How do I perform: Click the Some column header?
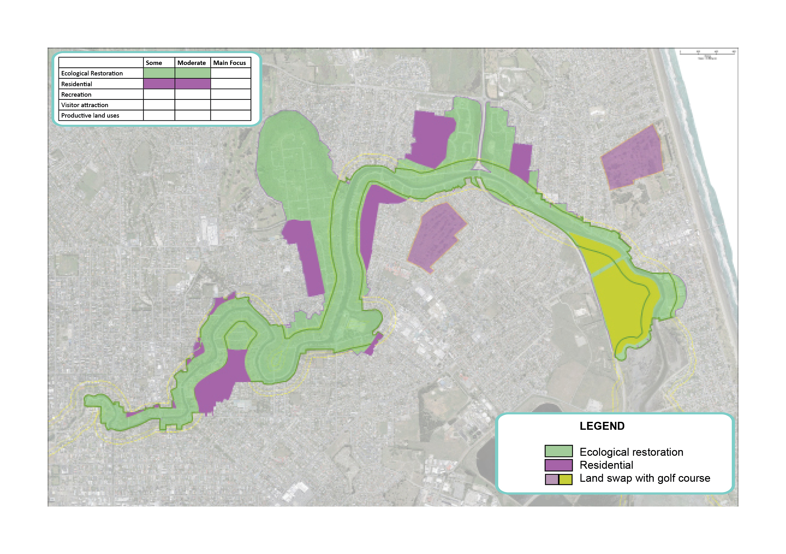154,63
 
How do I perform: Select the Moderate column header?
191,63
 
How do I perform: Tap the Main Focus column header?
229,63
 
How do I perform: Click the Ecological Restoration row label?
92,73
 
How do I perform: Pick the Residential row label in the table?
77,84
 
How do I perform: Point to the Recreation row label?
76,94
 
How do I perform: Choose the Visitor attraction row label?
85,105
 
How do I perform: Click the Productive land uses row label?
90,115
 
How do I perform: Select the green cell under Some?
159,73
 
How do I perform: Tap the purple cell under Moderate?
192,84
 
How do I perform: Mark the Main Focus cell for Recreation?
230,94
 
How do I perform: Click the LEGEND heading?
602,426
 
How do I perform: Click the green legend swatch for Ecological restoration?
558,451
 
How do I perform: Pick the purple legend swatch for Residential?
558,465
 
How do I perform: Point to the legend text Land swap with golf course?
645,478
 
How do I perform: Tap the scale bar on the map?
707,53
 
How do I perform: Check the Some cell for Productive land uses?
159,115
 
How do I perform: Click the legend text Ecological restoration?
631,452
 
